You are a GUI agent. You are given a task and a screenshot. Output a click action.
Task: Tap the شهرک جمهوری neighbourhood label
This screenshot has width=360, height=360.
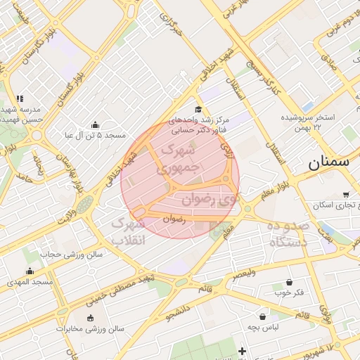[x=179, y=158]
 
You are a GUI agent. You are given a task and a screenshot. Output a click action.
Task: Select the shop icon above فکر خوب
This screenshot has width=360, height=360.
[x=290, y=281]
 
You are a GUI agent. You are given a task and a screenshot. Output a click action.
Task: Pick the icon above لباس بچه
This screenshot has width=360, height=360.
[x=263, y=316]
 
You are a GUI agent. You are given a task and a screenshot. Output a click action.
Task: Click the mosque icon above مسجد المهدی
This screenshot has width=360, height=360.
[x=30, y=271]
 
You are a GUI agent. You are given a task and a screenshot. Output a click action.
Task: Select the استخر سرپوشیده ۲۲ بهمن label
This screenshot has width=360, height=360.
[x=310, y=121]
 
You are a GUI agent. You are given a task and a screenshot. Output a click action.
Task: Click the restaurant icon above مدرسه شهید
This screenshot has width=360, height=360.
[x=20, y=98]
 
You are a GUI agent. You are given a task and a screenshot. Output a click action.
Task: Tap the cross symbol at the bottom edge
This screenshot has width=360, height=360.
[x=243, y=350]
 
